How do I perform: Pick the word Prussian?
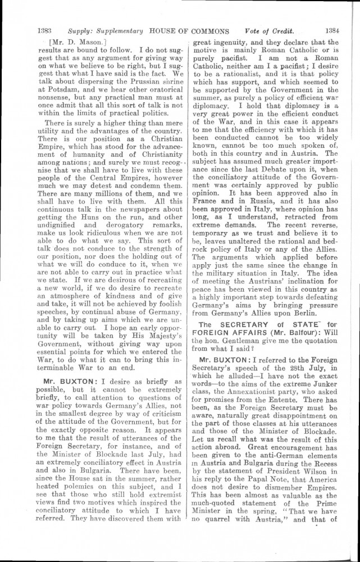[x=135, y=73]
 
